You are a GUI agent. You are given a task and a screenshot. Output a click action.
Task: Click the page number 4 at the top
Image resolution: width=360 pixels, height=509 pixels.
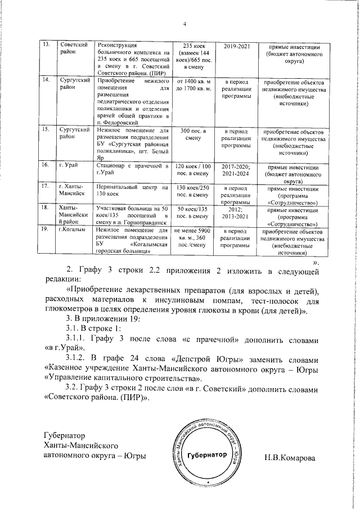click(184, 23)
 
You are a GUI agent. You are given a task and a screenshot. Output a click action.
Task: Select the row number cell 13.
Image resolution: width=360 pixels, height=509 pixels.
click(49, 44)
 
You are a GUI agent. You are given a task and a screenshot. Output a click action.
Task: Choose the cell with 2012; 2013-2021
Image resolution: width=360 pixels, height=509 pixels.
click(236, 211)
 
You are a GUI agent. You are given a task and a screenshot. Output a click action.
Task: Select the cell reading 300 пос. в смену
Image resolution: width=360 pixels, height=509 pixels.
click(195, 134)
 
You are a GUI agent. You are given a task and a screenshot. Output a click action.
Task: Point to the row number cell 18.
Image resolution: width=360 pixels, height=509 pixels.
click(49, 208)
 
